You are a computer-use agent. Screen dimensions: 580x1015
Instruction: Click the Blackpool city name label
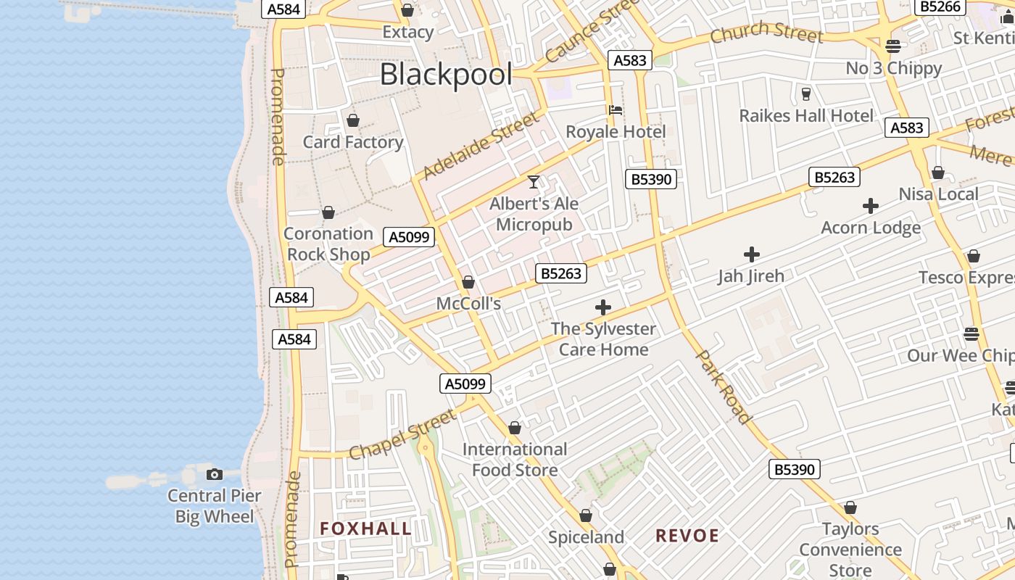(446, 75)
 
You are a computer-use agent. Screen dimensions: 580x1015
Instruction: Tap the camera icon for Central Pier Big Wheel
(215, 474)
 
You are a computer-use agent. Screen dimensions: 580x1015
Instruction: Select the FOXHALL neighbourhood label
(366, 529)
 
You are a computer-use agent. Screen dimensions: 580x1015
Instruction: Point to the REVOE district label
(687, 536)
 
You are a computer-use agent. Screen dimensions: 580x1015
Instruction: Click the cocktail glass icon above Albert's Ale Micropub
(534, 181)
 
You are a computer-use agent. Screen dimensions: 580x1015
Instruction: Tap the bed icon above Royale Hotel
(616, 110)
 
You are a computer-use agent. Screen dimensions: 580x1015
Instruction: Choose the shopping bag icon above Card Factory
(353, 120)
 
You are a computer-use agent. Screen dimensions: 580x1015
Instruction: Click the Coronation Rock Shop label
(328, 244)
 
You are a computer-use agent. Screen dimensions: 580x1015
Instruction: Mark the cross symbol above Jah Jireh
(752, 254)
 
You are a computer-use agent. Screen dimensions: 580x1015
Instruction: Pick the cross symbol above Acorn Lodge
(871, 206)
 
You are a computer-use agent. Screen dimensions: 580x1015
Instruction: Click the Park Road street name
(723, 386)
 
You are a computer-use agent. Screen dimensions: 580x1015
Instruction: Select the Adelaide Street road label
(481, 145)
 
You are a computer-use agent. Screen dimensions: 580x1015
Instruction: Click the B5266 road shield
(940, 7)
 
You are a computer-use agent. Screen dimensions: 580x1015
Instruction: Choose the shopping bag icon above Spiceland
(586, 515)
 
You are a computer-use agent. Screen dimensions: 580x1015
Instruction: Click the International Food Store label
(515, 460)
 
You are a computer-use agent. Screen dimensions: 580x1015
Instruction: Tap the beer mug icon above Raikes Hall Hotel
(805, 94)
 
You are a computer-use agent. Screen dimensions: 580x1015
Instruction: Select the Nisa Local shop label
(938, 194)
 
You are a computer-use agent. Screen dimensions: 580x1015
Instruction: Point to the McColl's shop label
(468, 304)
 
